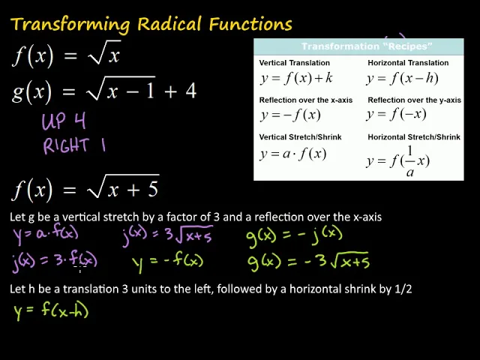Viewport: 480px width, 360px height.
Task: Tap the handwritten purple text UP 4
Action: point(64,121)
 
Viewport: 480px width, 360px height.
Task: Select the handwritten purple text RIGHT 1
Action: point(73,145)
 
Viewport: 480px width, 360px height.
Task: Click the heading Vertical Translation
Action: point(295,63)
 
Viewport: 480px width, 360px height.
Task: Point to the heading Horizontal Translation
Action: point(408,63)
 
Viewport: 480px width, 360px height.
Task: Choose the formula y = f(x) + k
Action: point(296,78)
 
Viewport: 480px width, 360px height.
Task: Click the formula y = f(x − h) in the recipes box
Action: point(402,78)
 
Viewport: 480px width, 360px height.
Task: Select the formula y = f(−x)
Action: point(396,114)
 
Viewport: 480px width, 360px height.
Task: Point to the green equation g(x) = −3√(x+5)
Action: point(308,262)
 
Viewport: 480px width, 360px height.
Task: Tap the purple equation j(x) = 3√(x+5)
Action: point(167,235)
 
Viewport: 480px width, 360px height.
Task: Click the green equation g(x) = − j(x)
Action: point(294,235)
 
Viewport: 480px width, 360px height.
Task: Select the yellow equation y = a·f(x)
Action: point(46,234)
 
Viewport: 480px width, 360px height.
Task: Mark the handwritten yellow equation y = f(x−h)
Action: point(51,309)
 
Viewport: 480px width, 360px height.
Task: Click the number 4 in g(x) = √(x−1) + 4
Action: point(190,91)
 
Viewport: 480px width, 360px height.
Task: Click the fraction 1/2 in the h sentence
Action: point(403,289)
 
